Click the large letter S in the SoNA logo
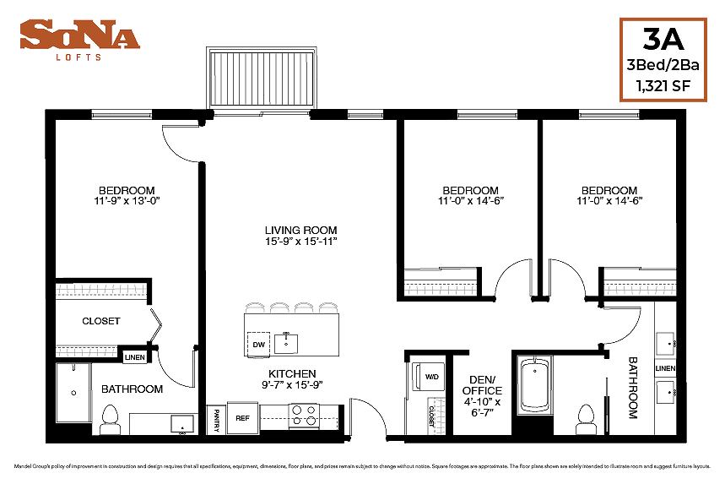click(34, 35)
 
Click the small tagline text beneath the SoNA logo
click(78, 57)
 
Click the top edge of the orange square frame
click(663, 19)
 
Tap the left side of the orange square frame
click(620, 59)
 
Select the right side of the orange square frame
click(706, 59)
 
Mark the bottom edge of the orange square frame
click(663, 100)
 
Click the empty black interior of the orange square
click(663, 59)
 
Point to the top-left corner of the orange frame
click(620, 19)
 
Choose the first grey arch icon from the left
click(254, 307)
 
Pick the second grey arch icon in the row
click(279, 307)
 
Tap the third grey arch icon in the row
click(304, 307)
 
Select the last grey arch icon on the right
click(328, 307)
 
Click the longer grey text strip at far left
click(101, 289)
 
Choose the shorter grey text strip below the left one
click(86, 352)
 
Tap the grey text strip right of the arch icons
click(441, 290)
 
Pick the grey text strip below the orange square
click(640, 290)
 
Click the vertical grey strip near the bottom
click(440, 416)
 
